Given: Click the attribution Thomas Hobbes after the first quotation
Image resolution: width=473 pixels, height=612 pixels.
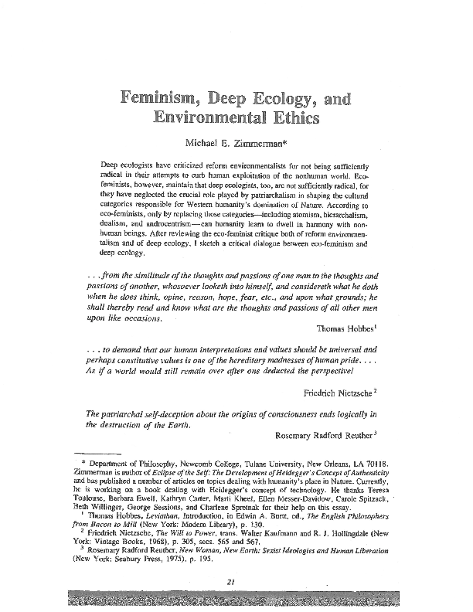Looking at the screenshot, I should [339, 329].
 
